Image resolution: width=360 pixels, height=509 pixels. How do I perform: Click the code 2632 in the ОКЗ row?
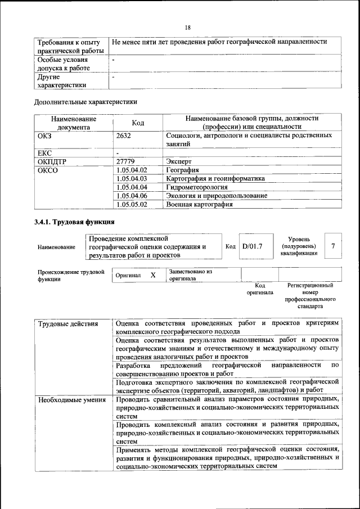point(124,136)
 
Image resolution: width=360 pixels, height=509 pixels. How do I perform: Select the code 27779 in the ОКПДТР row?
point(125,161)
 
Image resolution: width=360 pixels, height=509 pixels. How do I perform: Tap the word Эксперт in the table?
point(179,161)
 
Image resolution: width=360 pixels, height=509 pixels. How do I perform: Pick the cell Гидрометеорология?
point(197,187)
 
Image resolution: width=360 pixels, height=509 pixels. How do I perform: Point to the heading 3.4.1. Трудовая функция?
point(74,222)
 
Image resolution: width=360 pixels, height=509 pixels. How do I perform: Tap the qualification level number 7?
point(334,246)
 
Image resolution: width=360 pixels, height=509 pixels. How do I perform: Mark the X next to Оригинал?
point(152,275)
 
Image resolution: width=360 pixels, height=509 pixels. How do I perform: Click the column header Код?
point(138,123)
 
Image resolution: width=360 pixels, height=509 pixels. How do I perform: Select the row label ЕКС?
point(44,152)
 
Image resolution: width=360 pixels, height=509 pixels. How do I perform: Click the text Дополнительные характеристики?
point(85,102)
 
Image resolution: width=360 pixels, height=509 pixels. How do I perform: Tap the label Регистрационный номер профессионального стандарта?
point(310,296)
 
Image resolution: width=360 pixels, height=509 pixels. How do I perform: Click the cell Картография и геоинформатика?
point(215,178)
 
